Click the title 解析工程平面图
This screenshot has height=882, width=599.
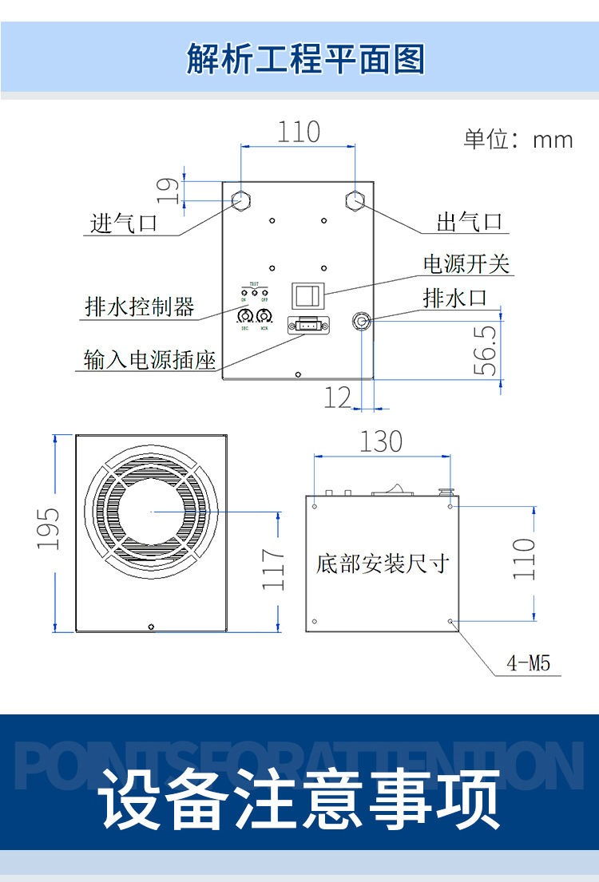305,59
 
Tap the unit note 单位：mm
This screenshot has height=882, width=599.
518,140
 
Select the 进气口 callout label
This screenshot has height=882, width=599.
124,223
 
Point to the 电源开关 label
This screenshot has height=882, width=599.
466,264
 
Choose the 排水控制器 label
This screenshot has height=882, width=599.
140,307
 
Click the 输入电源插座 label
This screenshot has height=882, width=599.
150,359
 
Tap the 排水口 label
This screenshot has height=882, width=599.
454,299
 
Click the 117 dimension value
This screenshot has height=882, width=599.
274,569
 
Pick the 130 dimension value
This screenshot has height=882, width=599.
380,441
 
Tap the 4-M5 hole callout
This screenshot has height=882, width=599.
529,662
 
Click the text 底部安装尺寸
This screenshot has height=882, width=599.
383,564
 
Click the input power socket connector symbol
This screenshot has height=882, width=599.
307,324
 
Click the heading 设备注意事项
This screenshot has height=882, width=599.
301,799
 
